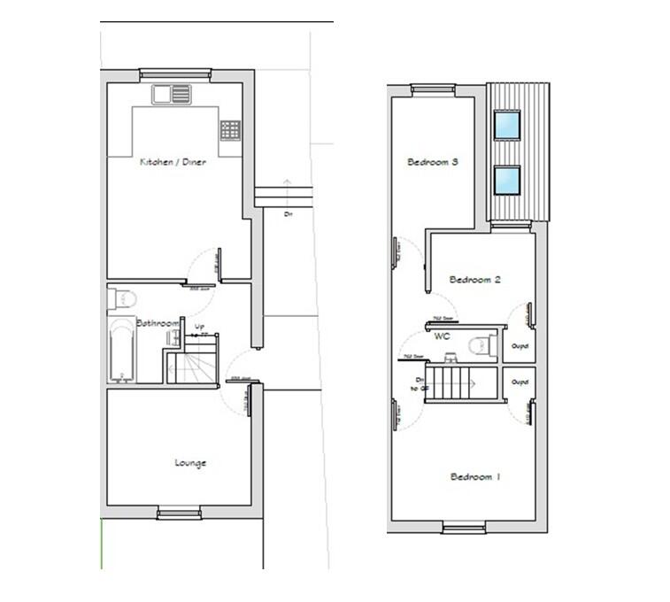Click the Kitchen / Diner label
173,162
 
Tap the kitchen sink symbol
172,94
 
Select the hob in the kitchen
230,129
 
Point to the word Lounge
190,462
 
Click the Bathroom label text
158,323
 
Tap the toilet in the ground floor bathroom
120,298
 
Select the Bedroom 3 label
433,162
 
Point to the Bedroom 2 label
476,280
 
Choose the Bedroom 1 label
476,477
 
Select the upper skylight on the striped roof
507,125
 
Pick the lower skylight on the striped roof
507,180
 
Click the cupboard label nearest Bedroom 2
520,346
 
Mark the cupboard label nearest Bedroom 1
520,382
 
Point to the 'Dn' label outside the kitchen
289,214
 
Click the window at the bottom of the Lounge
180,513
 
